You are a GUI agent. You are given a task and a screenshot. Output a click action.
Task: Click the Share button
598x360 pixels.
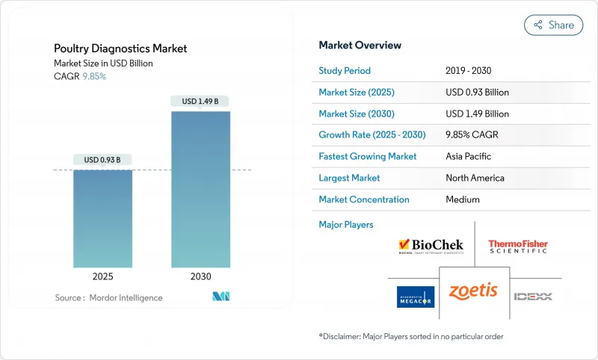click(554, 25)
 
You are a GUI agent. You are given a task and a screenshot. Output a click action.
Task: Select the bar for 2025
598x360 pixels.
click(102, 218)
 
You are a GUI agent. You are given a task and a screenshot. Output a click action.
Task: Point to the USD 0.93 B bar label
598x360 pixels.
click(102, 159)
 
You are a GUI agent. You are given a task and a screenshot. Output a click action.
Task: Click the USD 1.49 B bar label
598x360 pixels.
click(200, 101)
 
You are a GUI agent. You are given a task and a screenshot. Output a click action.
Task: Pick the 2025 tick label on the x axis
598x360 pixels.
click(102, 276)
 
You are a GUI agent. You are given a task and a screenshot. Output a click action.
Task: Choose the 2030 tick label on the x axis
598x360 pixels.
click(200, 276)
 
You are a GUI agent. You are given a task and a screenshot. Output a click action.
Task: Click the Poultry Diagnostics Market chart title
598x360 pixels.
click(120, 49)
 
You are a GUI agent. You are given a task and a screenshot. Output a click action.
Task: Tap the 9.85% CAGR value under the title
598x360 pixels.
click(93, 76)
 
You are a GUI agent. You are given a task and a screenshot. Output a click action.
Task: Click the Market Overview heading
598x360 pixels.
click(360, 46)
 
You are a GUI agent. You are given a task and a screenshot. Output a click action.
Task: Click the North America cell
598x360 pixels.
click(475, 178)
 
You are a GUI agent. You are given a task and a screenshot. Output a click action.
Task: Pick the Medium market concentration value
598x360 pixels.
click(463, 199)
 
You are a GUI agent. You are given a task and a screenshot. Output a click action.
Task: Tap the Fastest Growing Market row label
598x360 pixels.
click(368, 157)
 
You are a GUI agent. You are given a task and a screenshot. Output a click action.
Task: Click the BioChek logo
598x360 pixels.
click(431, 246)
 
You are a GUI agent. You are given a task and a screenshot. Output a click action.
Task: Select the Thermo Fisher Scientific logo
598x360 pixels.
click(518, 246)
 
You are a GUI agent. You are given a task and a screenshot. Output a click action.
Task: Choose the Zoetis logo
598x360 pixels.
click(473, 291)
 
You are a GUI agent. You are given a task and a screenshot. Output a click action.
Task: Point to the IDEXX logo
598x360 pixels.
click(533, 297)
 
